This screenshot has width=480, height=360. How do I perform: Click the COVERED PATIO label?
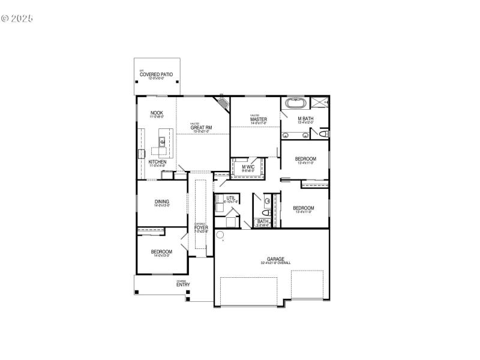[x=156, y=74]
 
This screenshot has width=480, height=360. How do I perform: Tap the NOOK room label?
[x=157, y=113]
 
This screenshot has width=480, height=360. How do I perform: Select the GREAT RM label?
[x=200, y=127]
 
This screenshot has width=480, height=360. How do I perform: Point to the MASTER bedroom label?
[x=259, y=119]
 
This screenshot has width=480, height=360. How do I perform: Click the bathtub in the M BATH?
[x=295, y=103]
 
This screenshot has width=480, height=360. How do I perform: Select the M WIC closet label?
[x=248, y=167]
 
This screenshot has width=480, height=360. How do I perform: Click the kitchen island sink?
[x=162, y=142]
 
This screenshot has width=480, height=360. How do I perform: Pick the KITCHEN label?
[x=157, y=162]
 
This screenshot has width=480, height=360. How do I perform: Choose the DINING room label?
[x=161, y=202]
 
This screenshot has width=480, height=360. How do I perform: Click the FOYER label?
[x=201, y=227]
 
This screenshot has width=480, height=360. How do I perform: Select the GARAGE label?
[x=275, y=259]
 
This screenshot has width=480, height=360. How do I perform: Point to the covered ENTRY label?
[x=183, y=284]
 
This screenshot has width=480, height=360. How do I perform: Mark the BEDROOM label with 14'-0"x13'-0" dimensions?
[x=161, y=251]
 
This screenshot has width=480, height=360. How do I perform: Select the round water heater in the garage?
[x=220, y=235]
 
